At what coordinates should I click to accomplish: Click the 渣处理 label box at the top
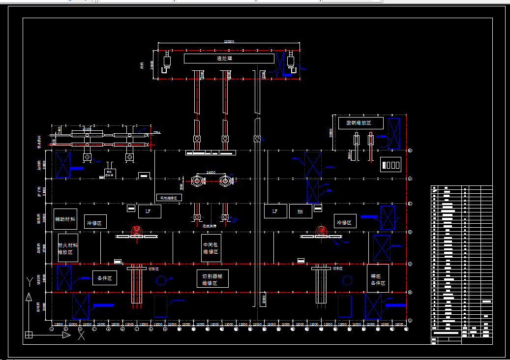[229, 59]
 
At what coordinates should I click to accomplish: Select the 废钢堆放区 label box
[361, 123]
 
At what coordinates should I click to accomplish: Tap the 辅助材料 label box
[65, 219]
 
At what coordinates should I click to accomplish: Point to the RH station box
[300, 211]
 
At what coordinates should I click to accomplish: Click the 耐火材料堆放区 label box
[68, 248]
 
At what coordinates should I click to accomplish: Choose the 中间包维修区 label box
[210, 248]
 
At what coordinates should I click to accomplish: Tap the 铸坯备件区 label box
[378, 279]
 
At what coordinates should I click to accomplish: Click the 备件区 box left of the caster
[105, 278]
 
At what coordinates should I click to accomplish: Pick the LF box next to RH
[275, 211]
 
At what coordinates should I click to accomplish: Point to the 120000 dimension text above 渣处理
[229, 42]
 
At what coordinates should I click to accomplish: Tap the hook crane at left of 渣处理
[167, 63]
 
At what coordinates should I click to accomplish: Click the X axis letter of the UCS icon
[81, 335]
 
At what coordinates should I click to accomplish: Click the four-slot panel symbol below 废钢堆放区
[391, 165]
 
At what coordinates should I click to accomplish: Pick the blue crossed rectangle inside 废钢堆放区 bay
[394, 133]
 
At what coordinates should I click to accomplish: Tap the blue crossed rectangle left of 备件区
[64, 278]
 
